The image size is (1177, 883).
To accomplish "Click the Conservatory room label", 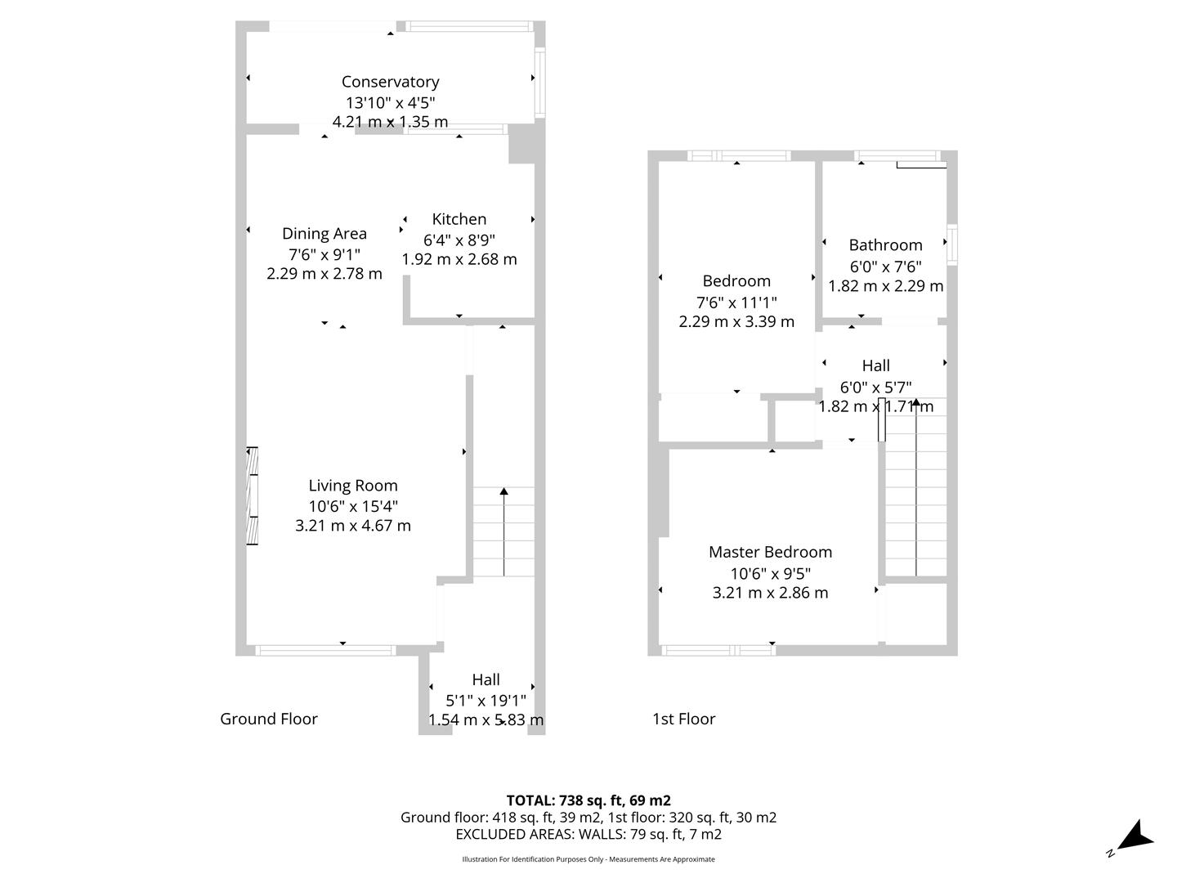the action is pyautogui.click(x=390, y=82).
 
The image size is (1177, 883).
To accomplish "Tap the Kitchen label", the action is pyautogui.click(x=459, y=219).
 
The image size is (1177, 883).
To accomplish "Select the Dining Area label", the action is pyautogui.click(x=324, y=234).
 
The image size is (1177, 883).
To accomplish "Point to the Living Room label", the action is pyautogui.click(x=353, y=486).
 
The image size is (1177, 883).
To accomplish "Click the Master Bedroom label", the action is pyautogui.click(x=770, y=552).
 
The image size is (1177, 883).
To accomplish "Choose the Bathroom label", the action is pyautogui.click(x=885, y=245).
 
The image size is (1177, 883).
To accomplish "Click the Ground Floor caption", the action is pyautogui.click(x=269, y=719).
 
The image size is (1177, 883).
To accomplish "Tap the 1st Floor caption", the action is pyautogui.click(x=683, y=719).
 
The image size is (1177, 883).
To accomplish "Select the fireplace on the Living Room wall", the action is pyautogui.click(x=252, y=496).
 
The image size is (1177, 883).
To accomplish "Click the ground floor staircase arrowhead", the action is pyautogui.click(x=503, y=491).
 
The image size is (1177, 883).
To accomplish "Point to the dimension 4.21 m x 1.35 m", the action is pyautogui.click(x=390, y=122).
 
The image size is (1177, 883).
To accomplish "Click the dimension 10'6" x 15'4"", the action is pyautogui.click(x=353, y=506).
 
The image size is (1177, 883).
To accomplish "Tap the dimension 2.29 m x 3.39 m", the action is pyautogui.click(x=736, y=321).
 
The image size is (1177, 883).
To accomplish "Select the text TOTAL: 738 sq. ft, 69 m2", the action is pyautogui.click(x=588, y=800).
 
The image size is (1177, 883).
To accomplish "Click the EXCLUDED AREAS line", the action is pyautogui.click(x=588, y=834).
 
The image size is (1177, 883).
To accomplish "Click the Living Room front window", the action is pyautogui.click(x=325, y=650).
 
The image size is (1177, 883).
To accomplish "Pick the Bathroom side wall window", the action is pyautogui.click(x=951, y=244).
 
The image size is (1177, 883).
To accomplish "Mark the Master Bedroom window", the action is pyautogui.click(x=718, y=650).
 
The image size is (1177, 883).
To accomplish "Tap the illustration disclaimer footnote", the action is pyautogui.click(x=588, y=859).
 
